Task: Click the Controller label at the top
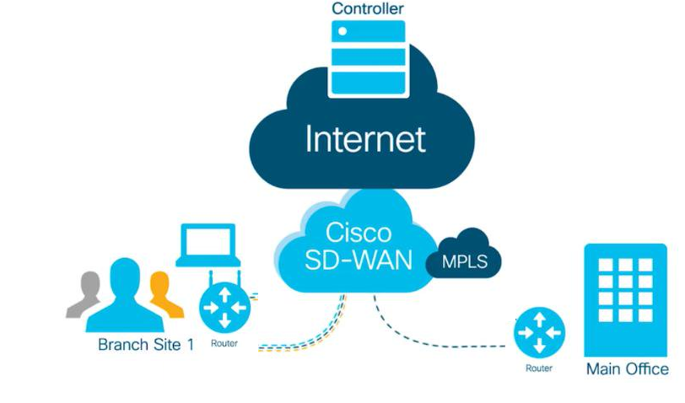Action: pyautogui.click(x=368, y=9)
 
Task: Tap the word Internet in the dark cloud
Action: pyautogui.click(x=365, y=138)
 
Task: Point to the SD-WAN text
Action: pyautogui.click(x=347, y=260)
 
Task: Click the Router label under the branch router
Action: pyautogui.click(x=224, y=344)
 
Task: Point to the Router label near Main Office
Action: pyautogui.click(x=538, y=368)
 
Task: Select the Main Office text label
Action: pyautogui.click(x=627, y=369)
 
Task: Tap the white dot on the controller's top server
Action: pyautogui.click(x=342, y=31)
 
